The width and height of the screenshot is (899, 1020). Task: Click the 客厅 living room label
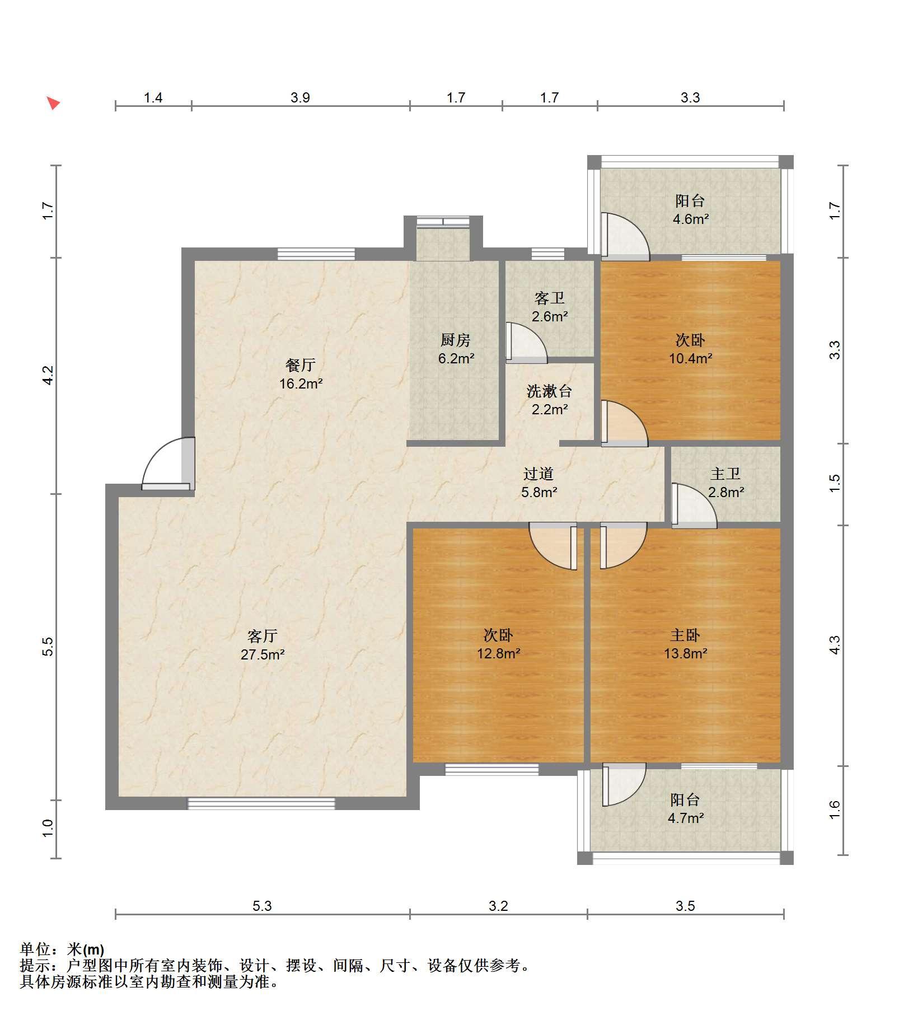263,636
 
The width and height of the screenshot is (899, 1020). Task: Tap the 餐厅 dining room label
301,365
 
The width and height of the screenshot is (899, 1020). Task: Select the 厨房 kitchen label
455,340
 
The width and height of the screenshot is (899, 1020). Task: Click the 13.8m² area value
685,653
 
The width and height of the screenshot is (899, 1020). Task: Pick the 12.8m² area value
499,653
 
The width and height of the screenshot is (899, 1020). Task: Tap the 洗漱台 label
549,391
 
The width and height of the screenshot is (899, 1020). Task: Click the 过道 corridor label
539,474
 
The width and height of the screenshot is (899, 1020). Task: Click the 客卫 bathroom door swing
526,341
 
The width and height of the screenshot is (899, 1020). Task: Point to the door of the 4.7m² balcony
624,784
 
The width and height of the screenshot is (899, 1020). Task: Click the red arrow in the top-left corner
53,103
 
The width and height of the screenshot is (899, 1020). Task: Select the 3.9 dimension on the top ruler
300,98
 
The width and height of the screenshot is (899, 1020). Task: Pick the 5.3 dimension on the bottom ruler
262,906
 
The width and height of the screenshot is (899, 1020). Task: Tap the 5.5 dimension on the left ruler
48,647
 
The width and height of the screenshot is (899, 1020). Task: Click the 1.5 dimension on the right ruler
835,484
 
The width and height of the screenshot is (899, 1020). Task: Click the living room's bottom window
261,803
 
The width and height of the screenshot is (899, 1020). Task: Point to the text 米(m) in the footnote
86,949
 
